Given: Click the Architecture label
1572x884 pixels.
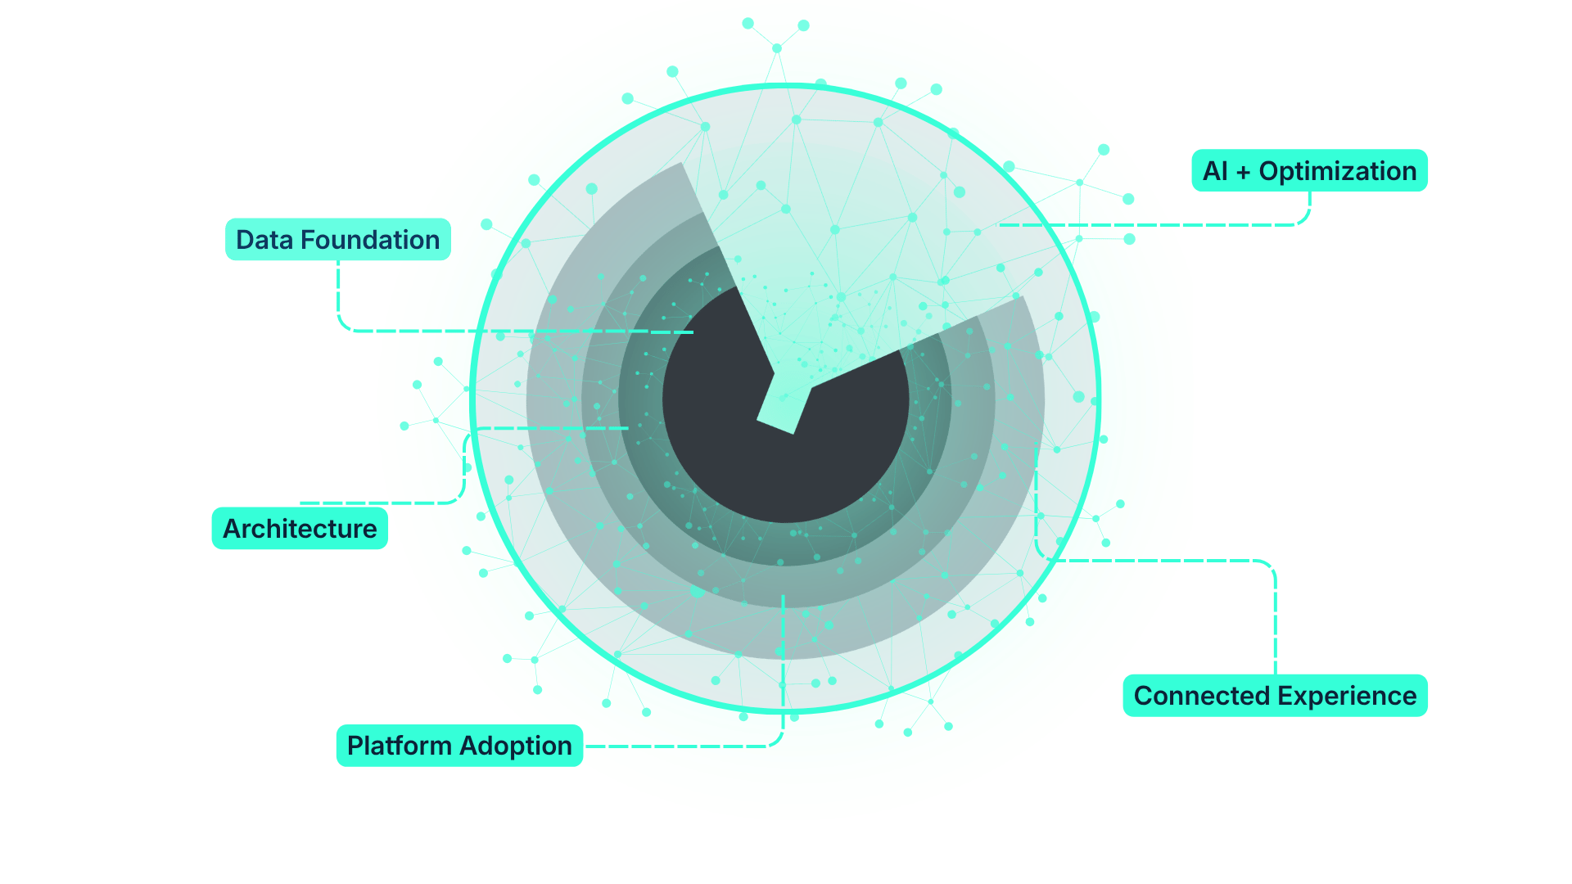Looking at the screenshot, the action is pos(300,529).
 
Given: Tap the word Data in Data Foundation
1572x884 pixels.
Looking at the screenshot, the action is pos(264,240).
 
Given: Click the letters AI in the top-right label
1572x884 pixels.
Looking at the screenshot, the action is pos(1215,171).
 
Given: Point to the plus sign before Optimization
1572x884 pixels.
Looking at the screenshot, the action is pos(1243,172).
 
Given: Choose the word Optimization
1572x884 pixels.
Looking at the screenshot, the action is pos(1338,171).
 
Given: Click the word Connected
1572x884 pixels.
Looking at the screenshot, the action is pos(1201,696).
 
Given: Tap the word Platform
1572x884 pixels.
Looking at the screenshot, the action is pos(400,746).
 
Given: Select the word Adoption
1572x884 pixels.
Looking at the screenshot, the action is pos(516,746).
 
